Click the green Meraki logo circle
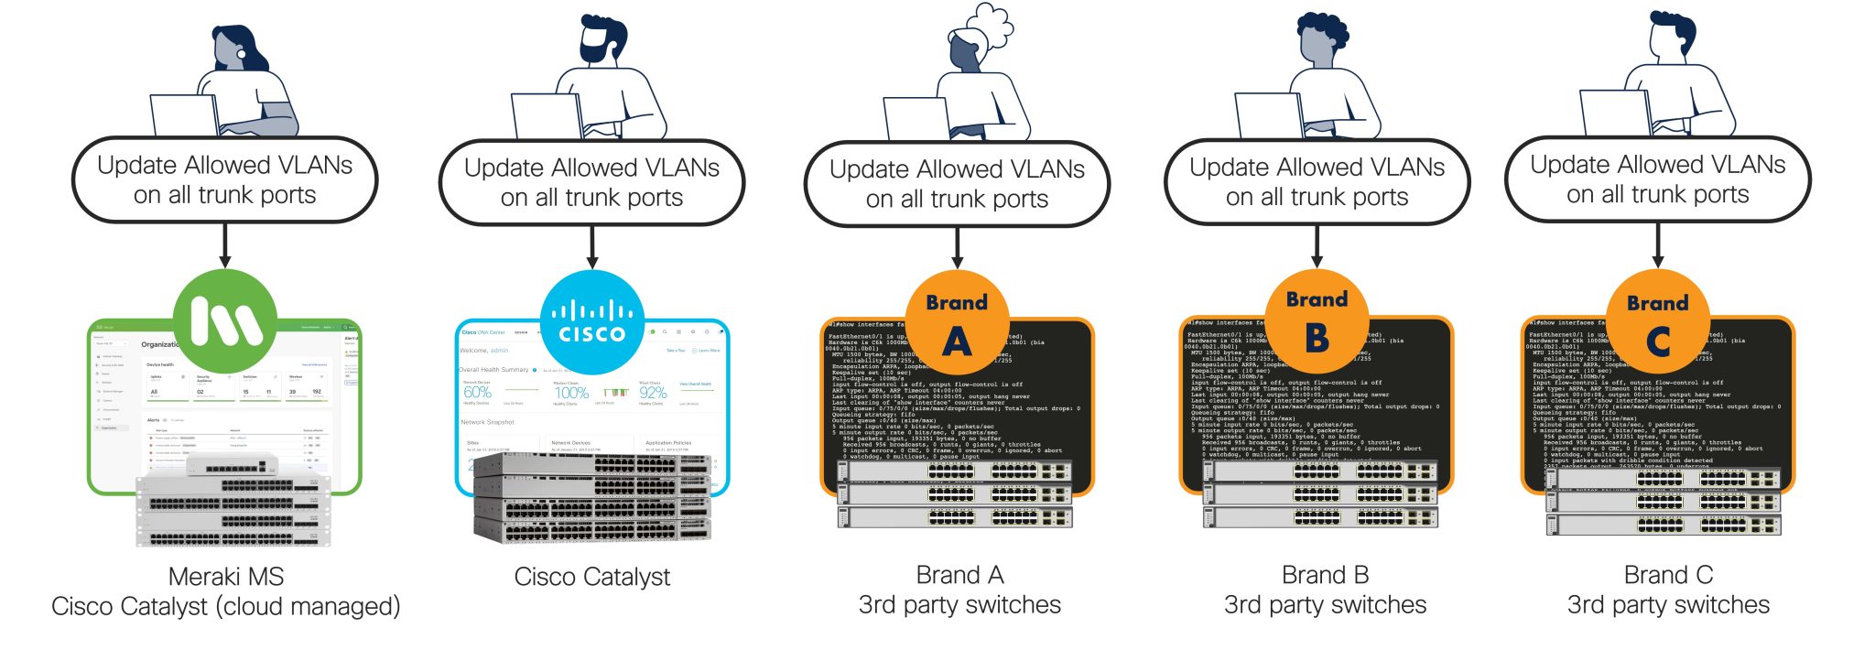[x=225, y=320]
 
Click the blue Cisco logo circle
[x=592, y=322]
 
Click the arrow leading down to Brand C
[x=1657, y=244]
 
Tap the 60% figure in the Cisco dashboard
[x=477, y=393]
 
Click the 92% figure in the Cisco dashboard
[x=653, y=393]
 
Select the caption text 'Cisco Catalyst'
[x=592, y=577]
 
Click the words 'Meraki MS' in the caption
[x=226, y=577]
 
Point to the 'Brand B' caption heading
[x=1325, y=575]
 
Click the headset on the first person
[x=241, y=54]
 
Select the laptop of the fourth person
[x=1268, y=115]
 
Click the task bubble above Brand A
[x=957, y=184]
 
